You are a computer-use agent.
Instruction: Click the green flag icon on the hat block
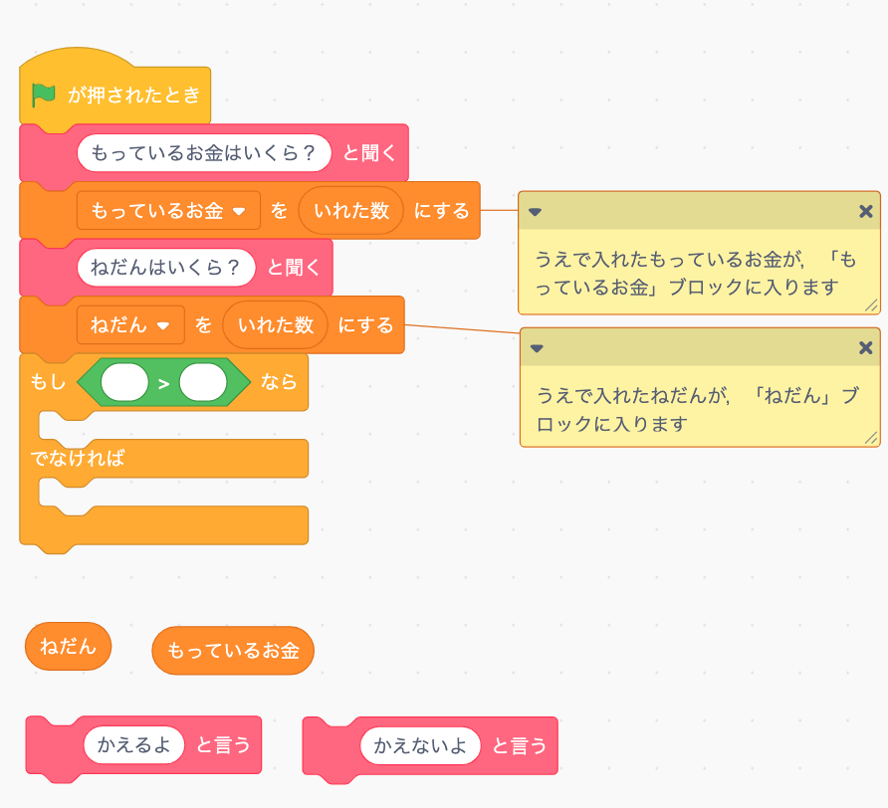coord(44,96)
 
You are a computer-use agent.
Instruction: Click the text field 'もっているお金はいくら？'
coord(204,153)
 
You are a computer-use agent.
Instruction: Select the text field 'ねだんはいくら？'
coord(166,268)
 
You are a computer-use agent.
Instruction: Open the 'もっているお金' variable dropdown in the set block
coord(239,211)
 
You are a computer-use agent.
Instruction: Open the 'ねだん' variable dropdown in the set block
coord(163,325)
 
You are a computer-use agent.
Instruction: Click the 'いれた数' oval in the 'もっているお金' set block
coord(351,211)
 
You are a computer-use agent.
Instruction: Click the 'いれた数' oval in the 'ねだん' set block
coord(276,325)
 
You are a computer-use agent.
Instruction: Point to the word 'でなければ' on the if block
coord(77,459)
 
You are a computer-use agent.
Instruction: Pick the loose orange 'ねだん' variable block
coord(68,647)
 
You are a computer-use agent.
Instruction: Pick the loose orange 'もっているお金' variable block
coord(233,652)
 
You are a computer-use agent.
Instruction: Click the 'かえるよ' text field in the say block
coord(134,744)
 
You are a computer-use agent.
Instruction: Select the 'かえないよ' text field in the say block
coord(420,745)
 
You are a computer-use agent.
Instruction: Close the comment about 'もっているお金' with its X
coord(865,211)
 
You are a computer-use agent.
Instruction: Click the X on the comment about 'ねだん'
coord(865,347)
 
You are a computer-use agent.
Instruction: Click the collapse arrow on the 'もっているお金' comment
coord(536,212)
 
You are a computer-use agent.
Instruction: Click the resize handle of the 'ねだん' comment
coord(871,438)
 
